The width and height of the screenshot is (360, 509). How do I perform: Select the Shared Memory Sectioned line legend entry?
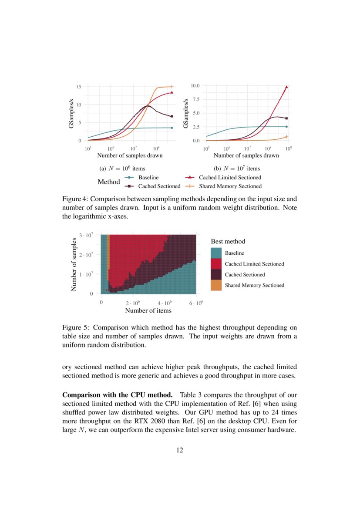[x=230, y=186]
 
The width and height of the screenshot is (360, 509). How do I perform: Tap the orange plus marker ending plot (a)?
[x=172, y=87]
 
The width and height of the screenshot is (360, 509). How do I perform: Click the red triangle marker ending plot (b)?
[x=286, y=87]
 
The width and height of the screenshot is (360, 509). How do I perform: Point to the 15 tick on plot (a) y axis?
[x=78, y=87]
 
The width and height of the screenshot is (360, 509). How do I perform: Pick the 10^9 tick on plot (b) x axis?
[x=288, y=149]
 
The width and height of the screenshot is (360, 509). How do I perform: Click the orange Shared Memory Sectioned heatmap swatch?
[x=216, y=285]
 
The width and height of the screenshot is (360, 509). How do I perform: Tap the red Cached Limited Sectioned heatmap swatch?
[x=216, y=264]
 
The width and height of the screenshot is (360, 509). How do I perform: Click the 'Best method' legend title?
[x=228, y=241]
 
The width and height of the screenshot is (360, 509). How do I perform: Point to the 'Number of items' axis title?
[x=148, y=310]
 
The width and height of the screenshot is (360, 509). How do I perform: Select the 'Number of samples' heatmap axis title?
[x=74, y=264]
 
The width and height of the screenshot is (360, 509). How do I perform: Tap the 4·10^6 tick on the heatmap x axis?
[x=165, y=303]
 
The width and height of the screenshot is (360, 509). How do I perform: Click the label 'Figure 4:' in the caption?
[x=77, y=199]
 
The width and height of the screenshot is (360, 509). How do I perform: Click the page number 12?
[x=180, y=450]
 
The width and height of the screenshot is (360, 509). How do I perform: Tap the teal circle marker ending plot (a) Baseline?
[x=172, y=128]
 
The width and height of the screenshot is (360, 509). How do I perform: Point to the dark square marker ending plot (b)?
[x=286, y=118]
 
